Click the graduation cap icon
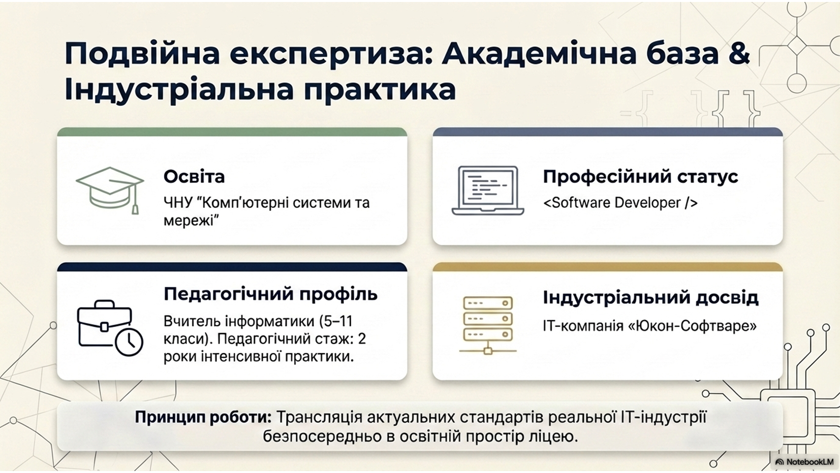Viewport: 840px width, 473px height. [110, 190]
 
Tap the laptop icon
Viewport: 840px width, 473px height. [488, 191]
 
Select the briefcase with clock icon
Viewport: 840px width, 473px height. [110, 328]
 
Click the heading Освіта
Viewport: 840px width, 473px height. [194, 176]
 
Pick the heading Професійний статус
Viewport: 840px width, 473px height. [641, 176]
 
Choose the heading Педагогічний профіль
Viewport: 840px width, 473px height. [270, 294]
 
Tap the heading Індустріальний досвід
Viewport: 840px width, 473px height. [651, 298]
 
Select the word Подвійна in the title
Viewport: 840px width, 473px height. [142, 54]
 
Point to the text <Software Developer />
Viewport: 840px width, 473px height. [620, 203]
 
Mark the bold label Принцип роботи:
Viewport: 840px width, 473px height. [203, 418]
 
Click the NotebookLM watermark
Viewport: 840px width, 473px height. [805, 462]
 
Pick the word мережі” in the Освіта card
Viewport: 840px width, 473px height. [191, 220]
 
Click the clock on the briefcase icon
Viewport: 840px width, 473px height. [129, 342]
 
